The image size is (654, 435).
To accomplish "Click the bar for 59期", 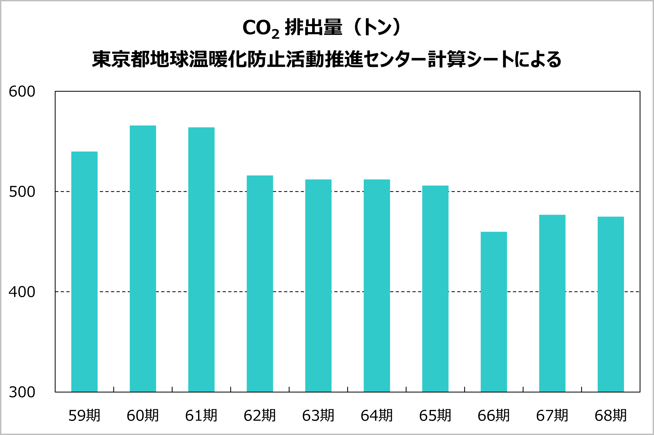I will [84, 272].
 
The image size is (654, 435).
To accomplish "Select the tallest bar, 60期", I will [143, 259].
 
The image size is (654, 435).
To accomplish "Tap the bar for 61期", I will [202, 260].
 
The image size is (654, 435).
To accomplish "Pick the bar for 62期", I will [260, 284].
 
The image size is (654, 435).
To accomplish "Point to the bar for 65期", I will [435, 289].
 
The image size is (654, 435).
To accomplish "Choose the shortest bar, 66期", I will [494, 312].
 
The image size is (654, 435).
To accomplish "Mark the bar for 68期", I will [611, 304].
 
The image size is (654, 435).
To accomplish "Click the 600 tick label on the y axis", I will [22, 92].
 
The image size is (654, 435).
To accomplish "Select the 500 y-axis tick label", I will [22, 192].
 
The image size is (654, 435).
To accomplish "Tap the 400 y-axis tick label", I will [22, 292].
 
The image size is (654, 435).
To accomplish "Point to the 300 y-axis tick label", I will [22, 392].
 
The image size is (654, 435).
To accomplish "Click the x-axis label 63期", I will [318, 416].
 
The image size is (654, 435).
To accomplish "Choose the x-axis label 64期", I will [377, 416].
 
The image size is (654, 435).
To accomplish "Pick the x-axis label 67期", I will [552, 416].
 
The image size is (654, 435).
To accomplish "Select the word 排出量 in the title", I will [313, 27].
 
